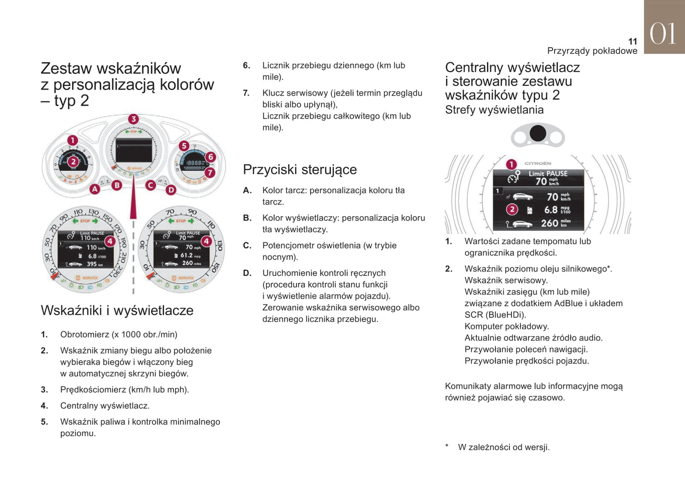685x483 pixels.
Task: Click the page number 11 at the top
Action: click(x=632, y=41)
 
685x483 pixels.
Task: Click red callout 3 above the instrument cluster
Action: click(x=133, y=119)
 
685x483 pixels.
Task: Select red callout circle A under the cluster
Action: click(x=95, y=189)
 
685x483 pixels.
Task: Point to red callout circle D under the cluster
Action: click(x=171, y=190)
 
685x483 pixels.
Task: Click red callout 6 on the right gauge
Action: click(x=210, y=157)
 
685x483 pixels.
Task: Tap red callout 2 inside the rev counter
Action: click(x=73, y=162)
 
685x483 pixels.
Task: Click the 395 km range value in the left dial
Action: click(x=91, y=264)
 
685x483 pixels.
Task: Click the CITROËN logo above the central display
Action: click(x=538, y=163)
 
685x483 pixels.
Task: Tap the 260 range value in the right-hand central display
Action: click(x=549, y=223)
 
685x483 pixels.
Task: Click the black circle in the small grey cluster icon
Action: click(x=538, y=133)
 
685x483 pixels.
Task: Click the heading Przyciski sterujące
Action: click(x=300, y=170)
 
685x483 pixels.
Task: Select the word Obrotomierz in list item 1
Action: click(x=84, y=335)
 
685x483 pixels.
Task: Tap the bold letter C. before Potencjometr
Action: click(x=247, y=246)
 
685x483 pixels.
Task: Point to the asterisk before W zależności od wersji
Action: click(x=447, y=447)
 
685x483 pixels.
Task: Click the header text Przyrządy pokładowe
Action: click(x=592, y=51)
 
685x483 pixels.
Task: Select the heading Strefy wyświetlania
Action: click(x=494, y=110)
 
